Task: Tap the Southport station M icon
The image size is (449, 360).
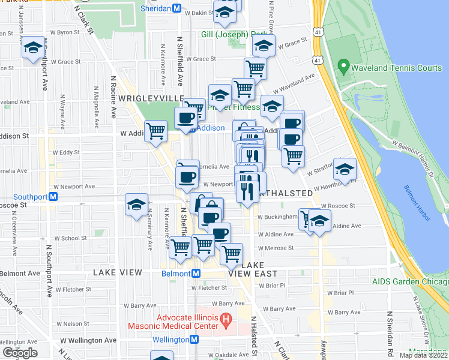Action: point(53,196)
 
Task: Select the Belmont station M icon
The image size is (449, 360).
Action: point(196,273)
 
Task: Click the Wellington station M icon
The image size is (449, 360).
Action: point(194,340)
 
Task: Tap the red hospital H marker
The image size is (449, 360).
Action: point(226,318)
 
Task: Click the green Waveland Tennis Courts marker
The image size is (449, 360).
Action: point(343,65)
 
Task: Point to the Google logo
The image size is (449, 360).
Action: point(20,353)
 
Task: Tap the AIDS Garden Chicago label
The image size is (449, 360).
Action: point(410,281)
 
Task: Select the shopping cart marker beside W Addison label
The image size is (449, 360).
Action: point(156,130)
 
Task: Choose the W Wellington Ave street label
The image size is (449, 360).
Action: point(88,340)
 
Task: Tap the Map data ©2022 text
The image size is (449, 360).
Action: point(423,355)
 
